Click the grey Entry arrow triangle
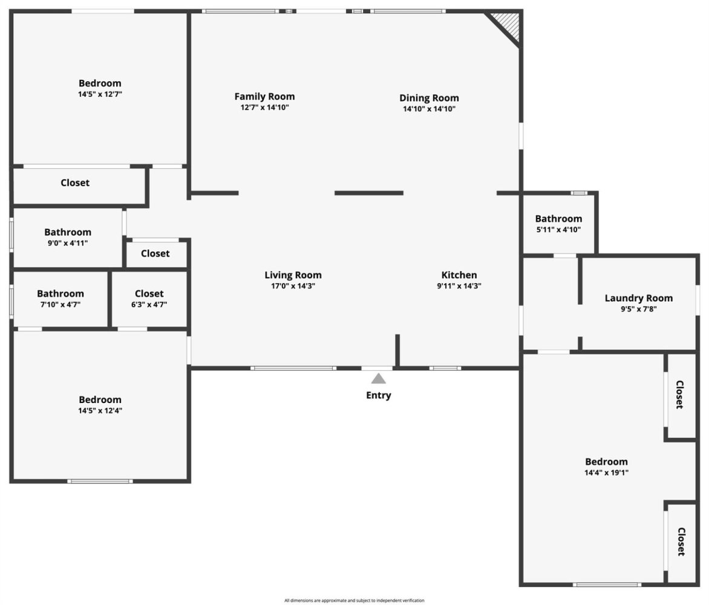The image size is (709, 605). click(x=379, y=379)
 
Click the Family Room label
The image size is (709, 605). click(x=264, y=96)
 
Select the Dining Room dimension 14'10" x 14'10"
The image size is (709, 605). click(x=429, y=108)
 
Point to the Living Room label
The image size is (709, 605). click(x=293, y=275)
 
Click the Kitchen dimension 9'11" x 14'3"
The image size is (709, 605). click(x=459, y=286)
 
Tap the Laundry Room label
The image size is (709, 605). click(x=638, y=298)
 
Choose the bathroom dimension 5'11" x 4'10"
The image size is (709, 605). click(x=558, y=230)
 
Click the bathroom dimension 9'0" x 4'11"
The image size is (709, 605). click(x=68, y=243)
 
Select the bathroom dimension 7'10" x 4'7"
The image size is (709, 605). click(x=60, y=305)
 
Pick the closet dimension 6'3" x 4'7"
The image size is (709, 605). click(x=149, y=305)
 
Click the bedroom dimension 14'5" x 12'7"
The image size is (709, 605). click(x=100, y=94)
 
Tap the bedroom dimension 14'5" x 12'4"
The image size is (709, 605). click(x=100, y=411)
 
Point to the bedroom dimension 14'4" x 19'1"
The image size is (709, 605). click(x=606, y=473)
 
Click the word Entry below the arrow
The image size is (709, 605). click(x=379, y=395)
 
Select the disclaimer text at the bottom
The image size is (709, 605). click(x=354, y=601)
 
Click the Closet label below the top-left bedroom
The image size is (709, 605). click(x=75, y=183)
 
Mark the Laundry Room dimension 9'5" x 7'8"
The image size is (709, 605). click(x=638, y=309)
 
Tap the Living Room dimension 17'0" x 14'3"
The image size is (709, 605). click(x=293, y=286)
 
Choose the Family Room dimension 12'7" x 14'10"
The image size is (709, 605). click(x=264, y=108)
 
